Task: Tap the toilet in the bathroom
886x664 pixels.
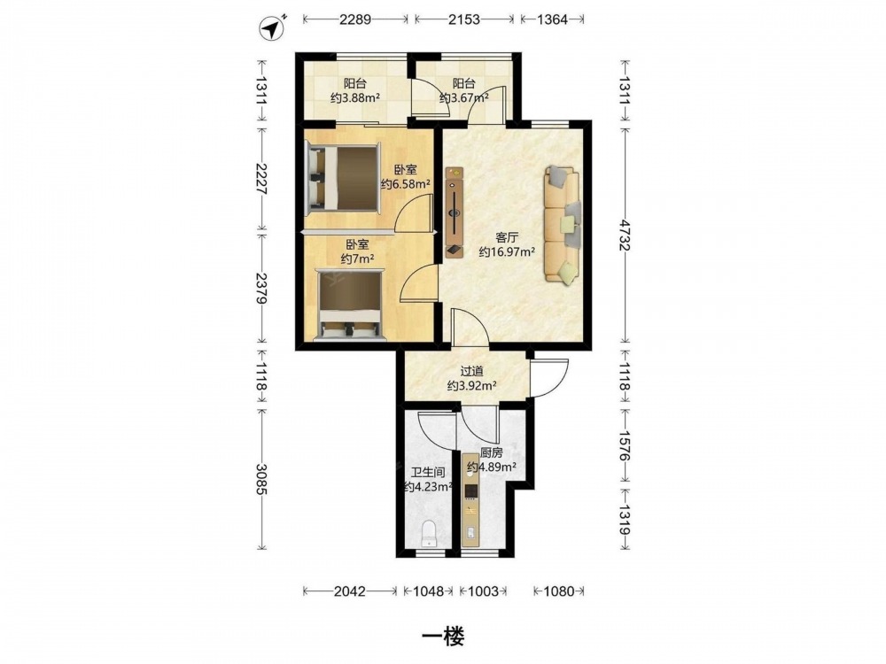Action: pyautogui.click(x=430, y=534)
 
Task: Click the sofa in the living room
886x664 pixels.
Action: pyautogui.click(x=563, y=225)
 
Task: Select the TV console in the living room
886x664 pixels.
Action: pyautogui.click(x=455, y=212)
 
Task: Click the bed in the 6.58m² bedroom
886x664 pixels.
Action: pyautogui.click(x=342, y=179)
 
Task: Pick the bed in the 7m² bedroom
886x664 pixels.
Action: pyautogui.click(x=350, y=305)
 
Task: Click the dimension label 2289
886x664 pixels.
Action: pyautogui.click(x=355, y=19)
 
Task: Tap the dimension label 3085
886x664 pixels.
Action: pyautogui.click(x=261, y=479)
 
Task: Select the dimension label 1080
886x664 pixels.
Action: pyautogui.click(x=559, y=591)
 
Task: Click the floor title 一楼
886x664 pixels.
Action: pyautogui.click(x=444, y=637)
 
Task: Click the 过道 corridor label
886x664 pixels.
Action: pyautogui.click(x=472, y=372)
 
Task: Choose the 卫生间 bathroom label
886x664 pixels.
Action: pyautogui.click(x=428, y=473)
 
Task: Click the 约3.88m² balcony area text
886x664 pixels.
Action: pyautogui.click(x=355, y=97)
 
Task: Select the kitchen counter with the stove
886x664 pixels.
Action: pyautogui.click(x=470, y=500)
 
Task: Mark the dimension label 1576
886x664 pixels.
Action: pyautogui.click(x=625, y=445)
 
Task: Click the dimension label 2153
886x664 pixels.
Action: pyautogui.click(x=464, y=19)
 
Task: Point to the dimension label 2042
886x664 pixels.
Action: pyautogui.click(x=350, y=591)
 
